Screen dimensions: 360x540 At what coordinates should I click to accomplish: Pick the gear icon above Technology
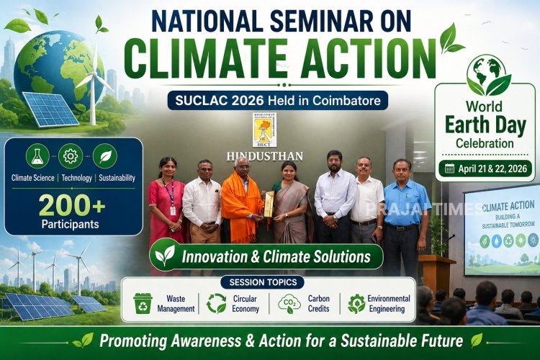71,156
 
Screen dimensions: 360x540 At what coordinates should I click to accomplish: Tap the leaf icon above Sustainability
104,156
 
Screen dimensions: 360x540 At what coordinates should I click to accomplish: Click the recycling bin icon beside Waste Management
143,303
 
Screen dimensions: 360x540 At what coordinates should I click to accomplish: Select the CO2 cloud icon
289,304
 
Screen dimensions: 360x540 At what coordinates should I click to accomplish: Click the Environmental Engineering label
388,303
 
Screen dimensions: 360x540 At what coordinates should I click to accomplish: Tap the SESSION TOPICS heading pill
261,282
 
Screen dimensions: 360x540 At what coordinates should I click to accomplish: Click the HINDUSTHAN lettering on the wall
265,156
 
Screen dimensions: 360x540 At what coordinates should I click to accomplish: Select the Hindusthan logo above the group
264,130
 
